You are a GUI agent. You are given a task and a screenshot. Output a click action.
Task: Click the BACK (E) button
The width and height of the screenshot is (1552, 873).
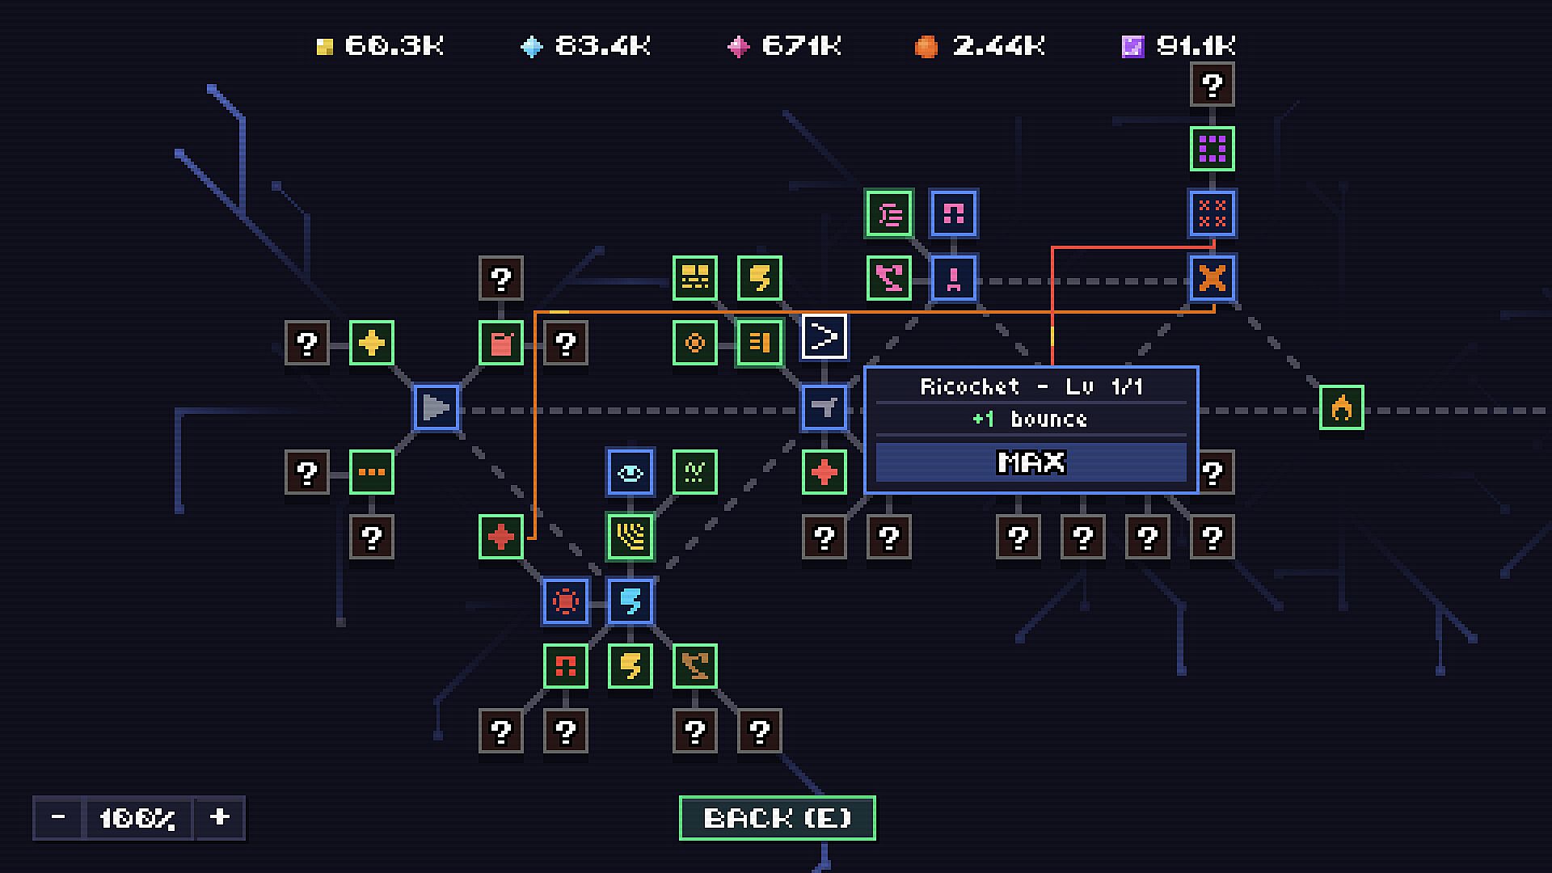point(777,818)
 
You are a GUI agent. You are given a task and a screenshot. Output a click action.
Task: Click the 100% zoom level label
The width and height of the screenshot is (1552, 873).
point(137,818)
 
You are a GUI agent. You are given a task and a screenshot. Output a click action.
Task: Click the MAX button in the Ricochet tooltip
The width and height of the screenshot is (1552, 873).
point(1031,462)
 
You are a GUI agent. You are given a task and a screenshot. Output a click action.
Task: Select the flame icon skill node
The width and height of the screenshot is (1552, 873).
point(1341,407)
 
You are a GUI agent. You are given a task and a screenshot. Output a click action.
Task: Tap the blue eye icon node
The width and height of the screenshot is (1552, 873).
point(630,472)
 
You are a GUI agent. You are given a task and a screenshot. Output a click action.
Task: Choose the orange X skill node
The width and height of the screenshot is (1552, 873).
point(1212,278)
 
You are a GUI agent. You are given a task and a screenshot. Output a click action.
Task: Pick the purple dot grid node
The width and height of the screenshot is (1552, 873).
point(1212,149)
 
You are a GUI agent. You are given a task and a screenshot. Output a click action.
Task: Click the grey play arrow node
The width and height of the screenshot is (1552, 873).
point(436,407)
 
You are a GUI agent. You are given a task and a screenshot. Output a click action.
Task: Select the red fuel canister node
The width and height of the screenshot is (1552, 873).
point(501,343)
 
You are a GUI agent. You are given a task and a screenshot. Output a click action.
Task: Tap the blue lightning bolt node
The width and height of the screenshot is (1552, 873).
point(630,601)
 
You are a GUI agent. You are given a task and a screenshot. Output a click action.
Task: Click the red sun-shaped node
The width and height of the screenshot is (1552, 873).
point(566,601)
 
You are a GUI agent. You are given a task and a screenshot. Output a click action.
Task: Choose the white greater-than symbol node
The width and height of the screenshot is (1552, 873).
point(824,336)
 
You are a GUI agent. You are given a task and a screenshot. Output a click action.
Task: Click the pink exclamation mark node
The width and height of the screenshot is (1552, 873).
point(954,278)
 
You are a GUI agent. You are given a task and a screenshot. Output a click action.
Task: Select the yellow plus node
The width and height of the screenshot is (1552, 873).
point(372,343)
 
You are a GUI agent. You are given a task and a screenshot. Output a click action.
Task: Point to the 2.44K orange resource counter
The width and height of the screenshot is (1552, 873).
point(980,45)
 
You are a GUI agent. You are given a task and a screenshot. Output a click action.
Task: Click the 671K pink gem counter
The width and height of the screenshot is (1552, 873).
point(784,45)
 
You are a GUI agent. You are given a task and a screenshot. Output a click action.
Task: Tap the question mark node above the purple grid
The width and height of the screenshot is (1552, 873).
point(1212,84)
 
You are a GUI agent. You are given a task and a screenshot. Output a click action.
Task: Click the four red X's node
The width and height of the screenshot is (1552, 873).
point(1212,213)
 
